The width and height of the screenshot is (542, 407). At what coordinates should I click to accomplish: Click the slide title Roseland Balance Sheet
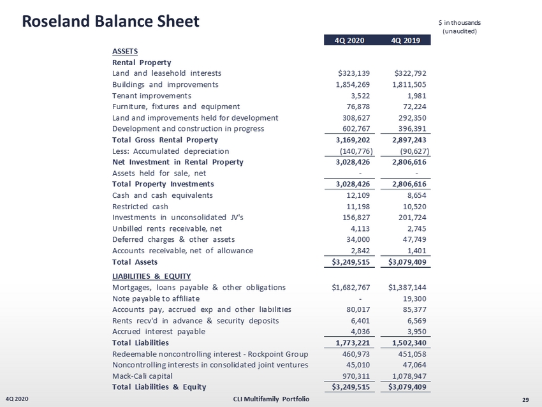tap(111, 21)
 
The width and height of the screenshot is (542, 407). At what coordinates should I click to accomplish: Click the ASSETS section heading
tap(125, 51)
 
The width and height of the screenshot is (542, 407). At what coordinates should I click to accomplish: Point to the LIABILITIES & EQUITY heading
tap(151, 276)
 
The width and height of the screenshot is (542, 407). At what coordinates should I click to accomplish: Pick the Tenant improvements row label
tap(151, 96)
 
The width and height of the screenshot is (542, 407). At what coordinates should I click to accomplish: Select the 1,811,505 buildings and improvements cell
tap(409, 85)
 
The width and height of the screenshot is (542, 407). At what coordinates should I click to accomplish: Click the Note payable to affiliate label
tap(156, 299)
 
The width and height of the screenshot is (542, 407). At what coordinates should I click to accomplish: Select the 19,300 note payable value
tap(414, 299)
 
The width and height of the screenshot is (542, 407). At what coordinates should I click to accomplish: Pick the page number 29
tap(525, 399)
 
